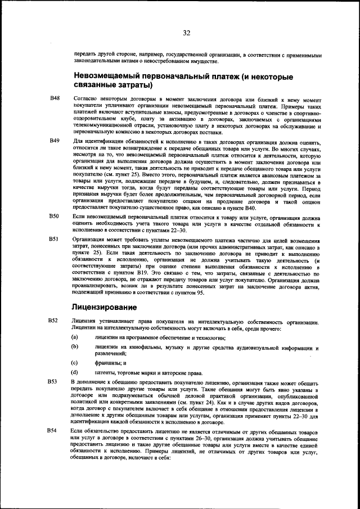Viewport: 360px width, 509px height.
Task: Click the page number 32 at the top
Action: pos(186,33)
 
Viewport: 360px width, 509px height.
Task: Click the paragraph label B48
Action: pos(55,98)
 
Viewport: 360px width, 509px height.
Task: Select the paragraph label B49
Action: pos(55,140)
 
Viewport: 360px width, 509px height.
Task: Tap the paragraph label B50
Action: pos(55,216)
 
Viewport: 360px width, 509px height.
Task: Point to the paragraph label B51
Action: pos(55,239)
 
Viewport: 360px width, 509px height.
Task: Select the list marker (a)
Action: pos(74,336)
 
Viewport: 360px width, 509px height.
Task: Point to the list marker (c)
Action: pos(74,363)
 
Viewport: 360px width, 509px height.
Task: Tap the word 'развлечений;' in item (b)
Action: pos(110,354)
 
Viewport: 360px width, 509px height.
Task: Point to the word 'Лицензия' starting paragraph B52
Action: pos(83,321)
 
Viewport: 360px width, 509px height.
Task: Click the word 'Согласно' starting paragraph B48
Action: pos(84,98)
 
